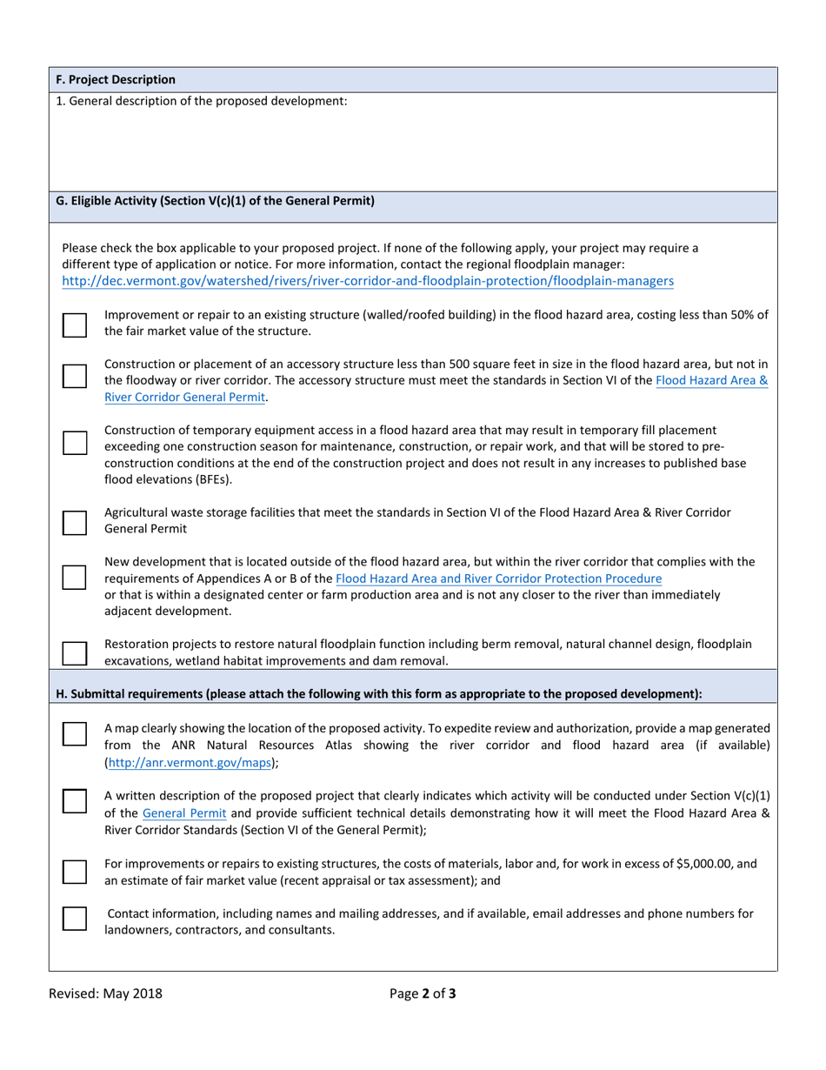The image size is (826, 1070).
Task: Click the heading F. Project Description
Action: pos(116,79)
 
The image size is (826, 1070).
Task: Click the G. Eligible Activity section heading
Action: pos(215,201)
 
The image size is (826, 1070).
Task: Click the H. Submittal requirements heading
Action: pos(379,693)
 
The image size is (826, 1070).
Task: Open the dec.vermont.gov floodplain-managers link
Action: pos(368,281)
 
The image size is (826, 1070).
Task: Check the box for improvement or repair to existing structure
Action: pos(75,324)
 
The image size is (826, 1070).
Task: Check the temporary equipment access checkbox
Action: pos(75,442)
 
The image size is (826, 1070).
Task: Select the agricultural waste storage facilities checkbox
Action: pos(75,522)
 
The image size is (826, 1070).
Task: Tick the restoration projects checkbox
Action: pos(75,652)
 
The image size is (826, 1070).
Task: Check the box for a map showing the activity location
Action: pos(75,734)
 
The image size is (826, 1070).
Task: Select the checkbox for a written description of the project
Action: pos(75,800)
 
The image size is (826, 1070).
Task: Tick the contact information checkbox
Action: pos(75,918)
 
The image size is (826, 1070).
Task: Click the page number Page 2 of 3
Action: pos(423,993)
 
